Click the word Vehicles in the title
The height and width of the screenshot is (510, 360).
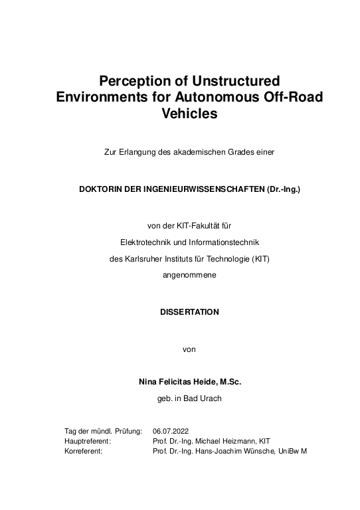coord(189,114)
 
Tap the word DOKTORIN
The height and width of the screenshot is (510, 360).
coord(102,189)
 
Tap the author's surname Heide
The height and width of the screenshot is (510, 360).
coord(205,382)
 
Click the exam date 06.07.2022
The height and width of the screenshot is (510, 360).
coord(171,431)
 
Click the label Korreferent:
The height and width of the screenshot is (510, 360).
coord(83,450)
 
